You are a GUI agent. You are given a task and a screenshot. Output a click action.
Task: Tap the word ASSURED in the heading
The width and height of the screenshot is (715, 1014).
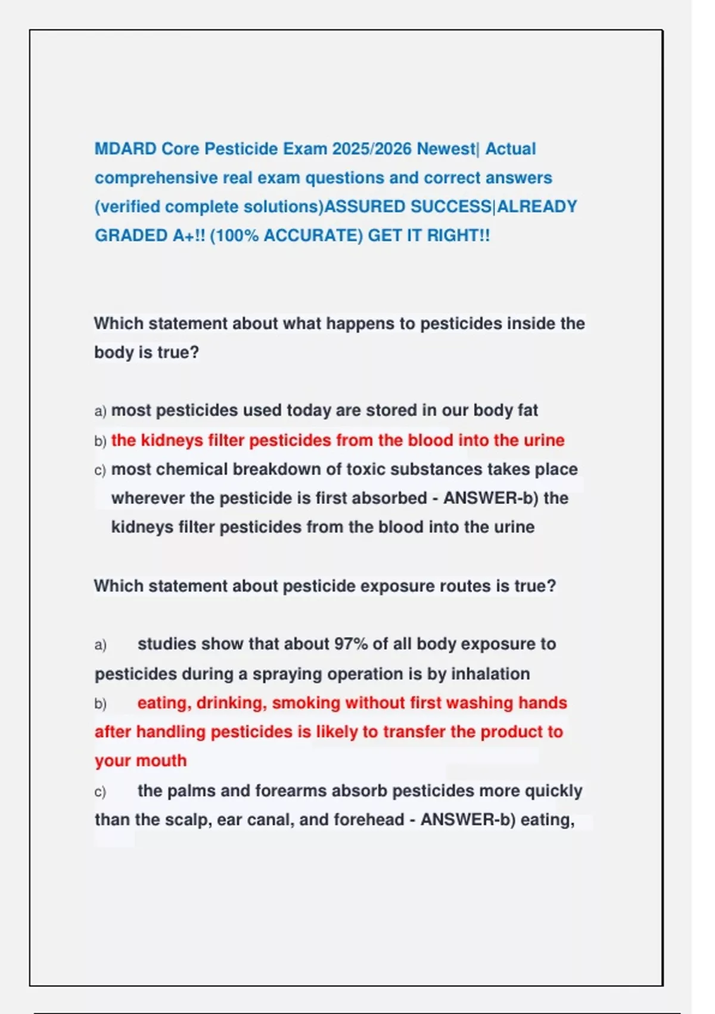click(364, 206)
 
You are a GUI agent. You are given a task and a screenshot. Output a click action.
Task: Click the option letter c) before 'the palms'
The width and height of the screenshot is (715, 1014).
click(100, 792)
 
